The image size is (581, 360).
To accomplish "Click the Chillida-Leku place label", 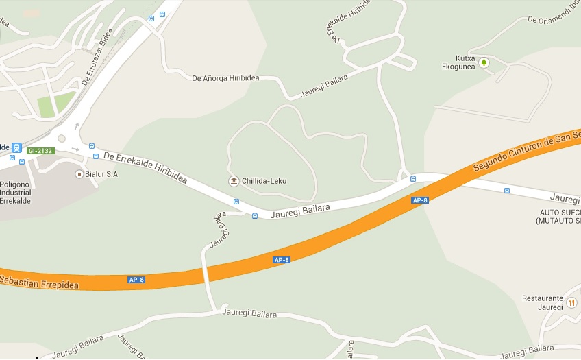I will click(264, 181).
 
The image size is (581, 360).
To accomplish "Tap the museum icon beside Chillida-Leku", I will click(234, 181).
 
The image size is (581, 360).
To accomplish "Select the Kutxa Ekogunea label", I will click(460, 62).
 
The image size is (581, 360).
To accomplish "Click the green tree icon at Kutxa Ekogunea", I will click(484, 62).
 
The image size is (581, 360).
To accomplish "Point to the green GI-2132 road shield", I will click(40, 151).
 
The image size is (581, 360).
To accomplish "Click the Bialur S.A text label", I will click(101, 174).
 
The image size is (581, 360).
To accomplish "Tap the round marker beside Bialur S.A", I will click(79, 174).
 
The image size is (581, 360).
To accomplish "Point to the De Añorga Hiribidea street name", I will click(225, 78).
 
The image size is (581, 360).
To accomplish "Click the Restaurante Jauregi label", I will click(542, 302).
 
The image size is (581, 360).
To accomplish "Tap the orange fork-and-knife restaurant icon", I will click(572, 301).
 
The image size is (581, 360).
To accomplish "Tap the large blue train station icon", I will click(16, 147).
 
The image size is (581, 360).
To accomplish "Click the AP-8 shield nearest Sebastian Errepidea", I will click(136, 280).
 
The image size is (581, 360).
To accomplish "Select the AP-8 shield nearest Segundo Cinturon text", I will click(420, 200).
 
